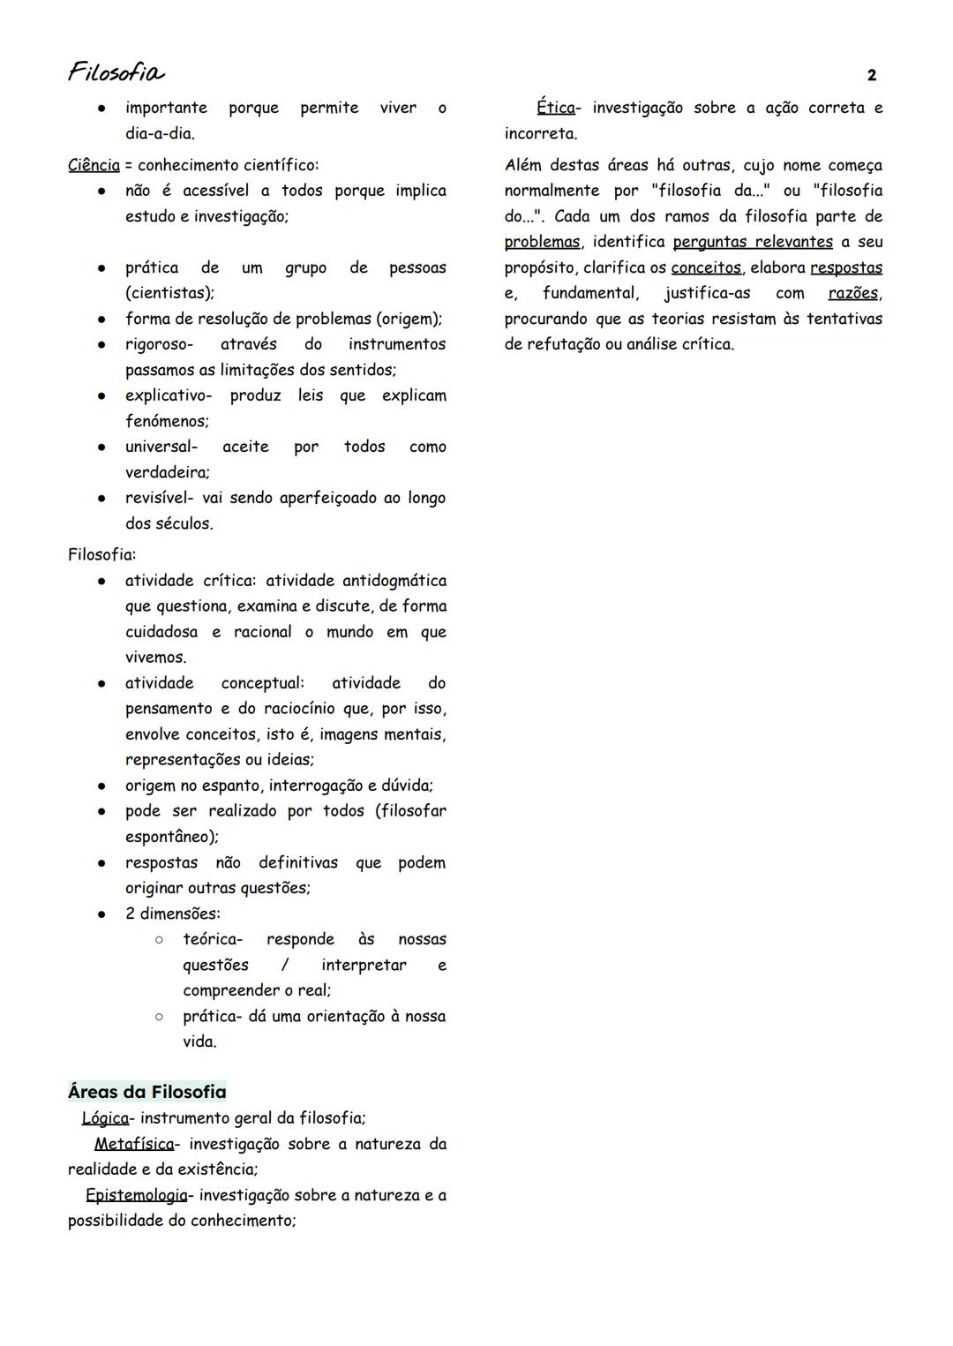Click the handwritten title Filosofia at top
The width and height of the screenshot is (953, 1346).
pyautogui.click(x=116, y=71)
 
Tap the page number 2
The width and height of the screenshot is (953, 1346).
pyautogui.click(x=872, y=76)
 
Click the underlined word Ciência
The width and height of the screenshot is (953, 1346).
pyautogui.click(x=94, y=165)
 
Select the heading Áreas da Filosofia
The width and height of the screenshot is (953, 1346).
pyautogui.click(x=147, y=1092)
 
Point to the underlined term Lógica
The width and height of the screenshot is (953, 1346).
pyautogui.click(x=105, y=1118)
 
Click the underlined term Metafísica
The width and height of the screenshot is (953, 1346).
pyautogui.click(x=134, y=1144)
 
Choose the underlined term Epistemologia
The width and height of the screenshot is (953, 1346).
pyautogui.click(x=137, y=1195)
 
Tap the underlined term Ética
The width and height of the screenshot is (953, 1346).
pyautogui.click(x=556, y=108)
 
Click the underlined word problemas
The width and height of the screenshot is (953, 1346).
pyautogui.click(x=543, y=242)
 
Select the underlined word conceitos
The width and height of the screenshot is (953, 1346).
pyautogui.click(x=706, y=267)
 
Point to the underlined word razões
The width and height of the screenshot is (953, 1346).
pyautogui.click(x=853, y=293)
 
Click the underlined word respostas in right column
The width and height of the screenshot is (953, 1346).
pyautogui.click(x=846, y=267)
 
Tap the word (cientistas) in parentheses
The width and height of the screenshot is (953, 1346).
pyautogui.click(x=169, y=293)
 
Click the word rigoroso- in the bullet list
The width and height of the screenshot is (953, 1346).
pyautogui.click(x=159, y=344)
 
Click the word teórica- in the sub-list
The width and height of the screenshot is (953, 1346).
pyautogui.click(x=213, y=939)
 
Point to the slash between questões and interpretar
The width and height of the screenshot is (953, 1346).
pyautogui.click(x=285, y=965)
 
